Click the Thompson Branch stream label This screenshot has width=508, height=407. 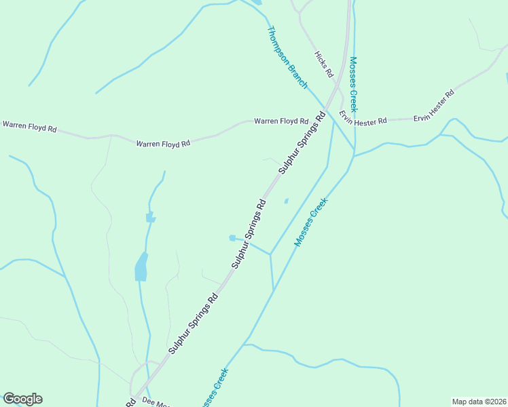point(287,58)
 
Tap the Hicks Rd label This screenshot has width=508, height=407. point(324,63)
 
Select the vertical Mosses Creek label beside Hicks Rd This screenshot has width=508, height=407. point(353,84)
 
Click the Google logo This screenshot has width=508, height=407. point(22,399)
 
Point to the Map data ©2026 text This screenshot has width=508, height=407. point(479,401)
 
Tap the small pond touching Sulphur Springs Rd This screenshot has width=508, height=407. point(233,238)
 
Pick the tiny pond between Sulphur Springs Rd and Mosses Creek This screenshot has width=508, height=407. point(286,201)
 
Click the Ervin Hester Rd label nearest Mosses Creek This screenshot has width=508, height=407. point(363,117)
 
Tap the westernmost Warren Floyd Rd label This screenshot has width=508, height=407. point(29,126)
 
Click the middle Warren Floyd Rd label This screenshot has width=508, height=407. point(163,144)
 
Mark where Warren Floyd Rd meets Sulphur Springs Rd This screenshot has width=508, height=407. point(324,113)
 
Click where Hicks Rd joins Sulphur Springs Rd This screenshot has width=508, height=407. point(338,86)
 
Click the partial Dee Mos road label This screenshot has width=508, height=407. point(155,402)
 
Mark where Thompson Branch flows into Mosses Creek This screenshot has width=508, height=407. point(354,149)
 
